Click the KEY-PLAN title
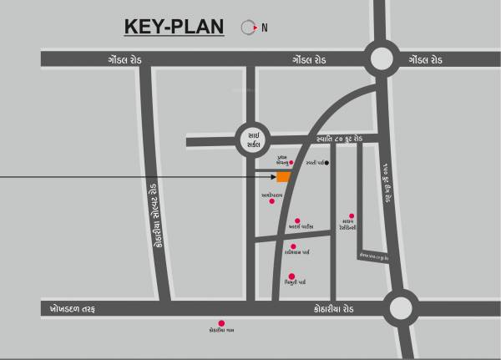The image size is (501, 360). pos(174,27)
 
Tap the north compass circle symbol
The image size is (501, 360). pos(247,27)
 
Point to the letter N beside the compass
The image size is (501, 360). pos(265,28)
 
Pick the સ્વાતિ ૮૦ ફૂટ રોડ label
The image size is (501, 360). pos(331,139)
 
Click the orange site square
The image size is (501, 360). pos(284,176)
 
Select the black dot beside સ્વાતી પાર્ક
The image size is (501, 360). pos(326,163)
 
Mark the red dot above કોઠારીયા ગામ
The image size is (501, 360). pos(221,322)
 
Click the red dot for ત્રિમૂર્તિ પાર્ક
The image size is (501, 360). pos(291,276)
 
